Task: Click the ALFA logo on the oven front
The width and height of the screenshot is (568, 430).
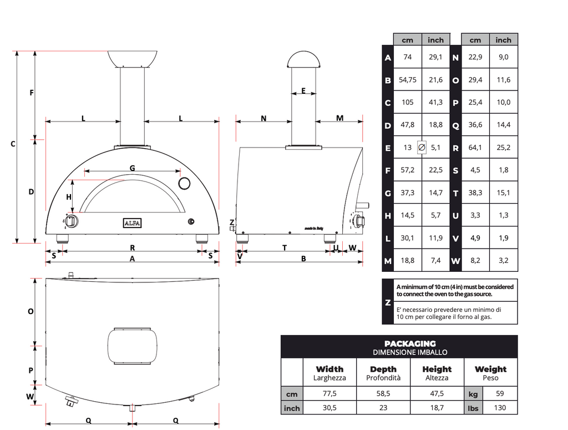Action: [132, 223]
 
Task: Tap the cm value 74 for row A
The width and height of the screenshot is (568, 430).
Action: [408, 57]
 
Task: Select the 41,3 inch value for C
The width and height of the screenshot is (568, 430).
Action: [435, 102]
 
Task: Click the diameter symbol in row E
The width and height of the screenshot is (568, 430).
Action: [422, 148]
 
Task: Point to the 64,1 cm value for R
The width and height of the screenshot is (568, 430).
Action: [475, 148]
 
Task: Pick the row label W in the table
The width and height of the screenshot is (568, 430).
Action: [456, 261]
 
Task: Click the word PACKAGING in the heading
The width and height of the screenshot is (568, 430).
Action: [410, 343]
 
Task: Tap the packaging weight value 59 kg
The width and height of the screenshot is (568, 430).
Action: [500, 393]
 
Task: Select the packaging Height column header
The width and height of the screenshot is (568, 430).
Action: [437, 373]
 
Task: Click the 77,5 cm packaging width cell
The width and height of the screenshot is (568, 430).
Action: [329, 393]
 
